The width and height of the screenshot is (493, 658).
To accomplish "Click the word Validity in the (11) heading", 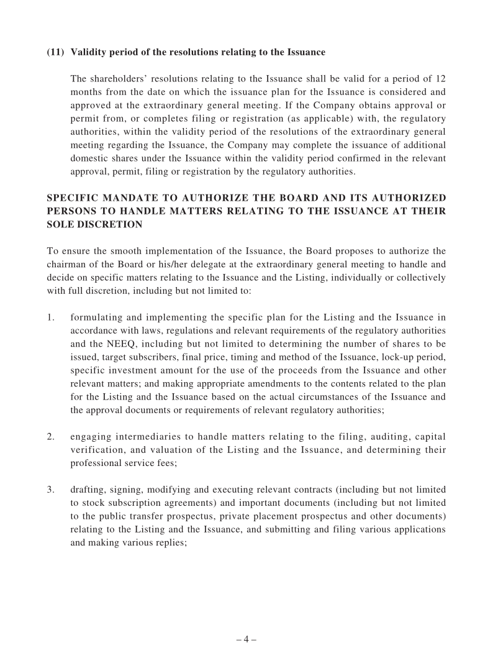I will [88, 52].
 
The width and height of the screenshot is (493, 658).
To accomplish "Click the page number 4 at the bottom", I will [246, 639].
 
